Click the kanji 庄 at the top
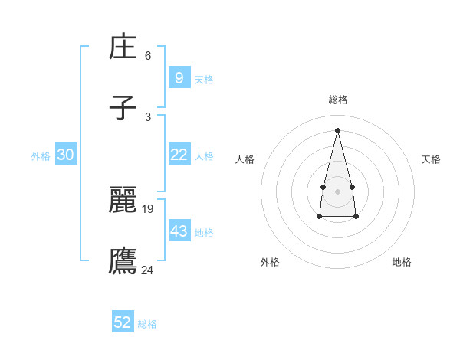point(123,48)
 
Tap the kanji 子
point(123,108)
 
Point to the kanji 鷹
point(123,260)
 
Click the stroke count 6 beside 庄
point(148,56)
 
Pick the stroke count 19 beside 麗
point(148,208)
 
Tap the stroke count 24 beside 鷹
point(148,269)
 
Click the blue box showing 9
point(179,77)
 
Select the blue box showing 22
point(179,155)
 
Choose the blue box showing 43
point(179,231)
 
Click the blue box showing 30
point(66,155)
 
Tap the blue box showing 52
point(123,322)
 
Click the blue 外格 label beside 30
point(41,155)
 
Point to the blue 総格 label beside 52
point(147,324)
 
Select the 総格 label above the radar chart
point(338,100)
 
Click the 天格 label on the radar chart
point(432,159)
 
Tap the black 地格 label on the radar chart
point(402,262)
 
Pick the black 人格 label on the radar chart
point(245,159)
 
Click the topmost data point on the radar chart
point(337,129)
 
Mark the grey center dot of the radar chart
point(337,190)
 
